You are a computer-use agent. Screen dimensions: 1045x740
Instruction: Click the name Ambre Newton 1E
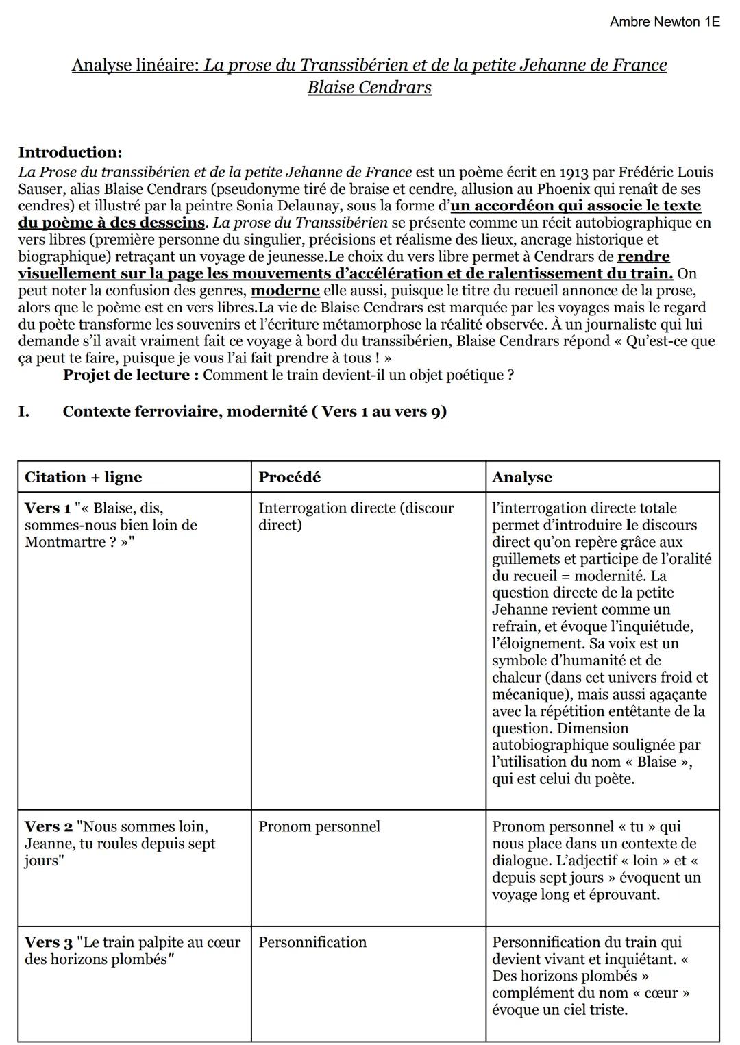[664, 22]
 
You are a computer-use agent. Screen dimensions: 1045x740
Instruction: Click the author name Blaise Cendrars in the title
[369, 88]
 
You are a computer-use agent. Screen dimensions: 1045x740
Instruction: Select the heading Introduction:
[70, 152]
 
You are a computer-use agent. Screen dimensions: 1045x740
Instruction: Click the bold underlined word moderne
[285, 290]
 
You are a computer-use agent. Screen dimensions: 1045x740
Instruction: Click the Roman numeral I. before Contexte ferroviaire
[24, 411]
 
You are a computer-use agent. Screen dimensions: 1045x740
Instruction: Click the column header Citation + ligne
[83, 477]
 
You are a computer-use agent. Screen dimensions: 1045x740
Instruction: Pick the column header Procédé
[289, 477]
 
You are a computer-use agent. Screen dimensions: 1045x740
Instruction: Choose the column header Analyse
[521, 477]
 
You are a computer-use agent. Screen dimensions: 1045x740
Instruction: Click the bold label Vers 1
[47, 508]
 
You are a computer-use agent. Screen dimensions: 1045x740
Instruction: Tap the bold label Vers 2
[47, 826]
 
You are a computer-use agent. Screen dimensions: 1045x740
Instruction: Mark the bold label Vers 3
[47, 942]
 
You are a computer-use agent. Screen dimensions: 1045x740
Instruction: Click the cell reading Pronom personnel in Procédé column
[319, 826]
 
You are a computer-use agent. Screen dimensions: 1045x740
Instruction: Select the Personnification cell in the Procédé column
[312, 942]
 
